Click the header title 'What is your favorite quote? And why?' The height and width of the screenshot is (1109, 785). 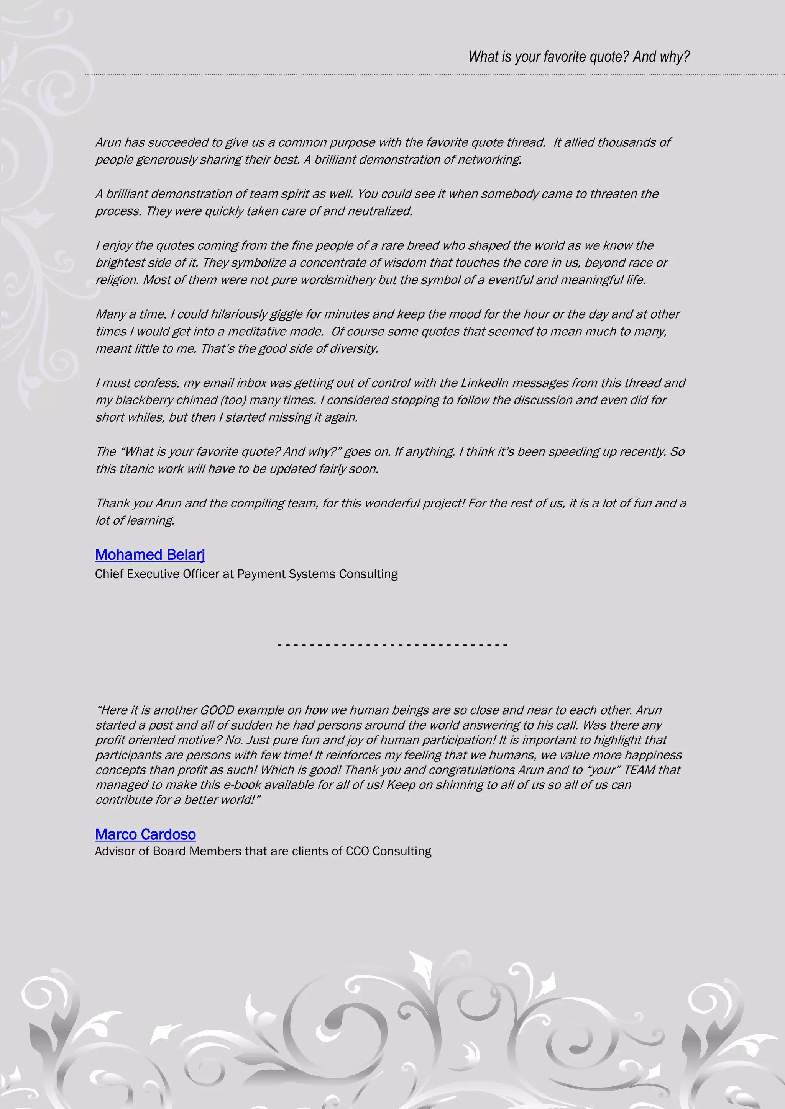pyautogui.click(x=579, y=57)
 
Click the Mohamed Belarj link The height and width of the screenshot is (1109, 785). pyautogui.click(x=150, y=554)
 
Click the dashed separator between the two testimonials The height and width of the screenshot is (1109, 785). pyautogui.click(x=392, y=645)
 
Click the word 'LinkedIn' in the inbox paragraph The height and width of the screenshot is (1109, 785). pyautogui.click(x=484, y=383)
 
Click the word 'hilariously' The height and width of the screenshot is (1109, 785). pyautogui.click(x=239, y=314)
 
